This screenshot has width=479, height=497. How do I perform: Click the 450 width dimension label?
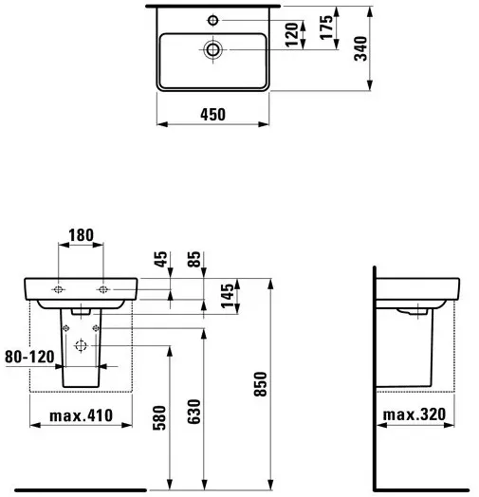tap(212, 115)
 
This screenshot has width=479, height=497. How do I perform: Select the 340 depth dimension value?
tap(360, 48)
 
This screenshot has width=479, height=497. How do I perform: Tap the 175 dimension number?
tap(326, 28)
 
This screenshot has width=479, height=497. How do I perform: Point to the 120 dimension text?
tap(291, 34)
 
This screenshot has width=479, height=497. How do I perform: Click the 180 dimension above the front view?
tap(82, 235)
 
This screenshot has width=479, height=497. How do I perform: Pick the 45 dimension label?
tap(160, 259)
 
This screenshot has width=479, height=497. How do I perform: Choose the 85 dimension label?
tap(194, 259)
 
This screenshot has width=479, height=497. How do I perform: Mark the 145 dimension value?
tap(228, 296)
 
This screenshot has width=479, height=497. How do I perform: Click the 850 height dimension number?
tap(261, 384)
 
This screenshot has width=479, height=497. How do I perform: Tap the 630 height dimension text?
tap(194, 412)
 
